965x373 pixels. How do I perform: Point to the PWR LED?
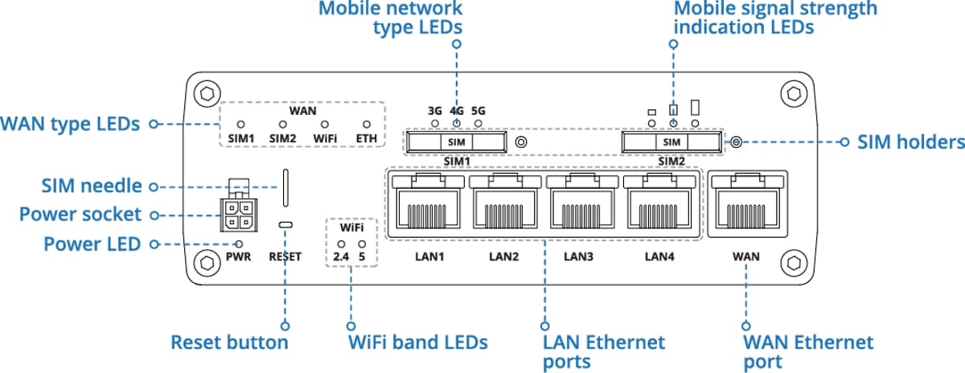pyautogui.click(x=238, y=244)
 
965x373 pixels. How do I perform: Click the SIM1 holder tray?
pyautogui.click(x=456, y=143)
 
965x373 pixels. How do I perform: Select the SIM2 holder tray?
pyautogui.click(x=670, y=143)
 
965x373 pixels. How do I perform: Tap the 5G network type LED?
pyautogui.click(x=478, y=125)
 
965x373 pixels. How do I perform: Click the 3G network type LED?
pyautogui.click(x=435, y=125)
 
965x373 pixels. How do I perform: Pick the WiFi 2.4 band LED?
pyautogui.click(x=341, y=243)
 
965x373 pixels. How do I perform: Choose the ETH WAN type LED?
pyautogui.click(x=368, y=125)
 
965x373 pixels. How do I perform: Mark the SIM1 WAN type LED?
pyautogui.click(x=240, y=125)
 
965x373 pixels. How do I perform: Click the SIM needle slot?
pyautogui.click(x=285, y=187)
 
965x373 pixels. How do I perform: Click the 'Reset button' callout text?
pyautogui.click(x=229, y=342)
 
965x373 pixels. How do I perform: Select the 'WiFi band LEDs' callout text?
pyautogui.click(x=417, y=342)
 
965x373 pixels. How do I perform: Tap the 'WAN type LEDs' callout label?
pyautogui.click(x=70, y=125)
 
